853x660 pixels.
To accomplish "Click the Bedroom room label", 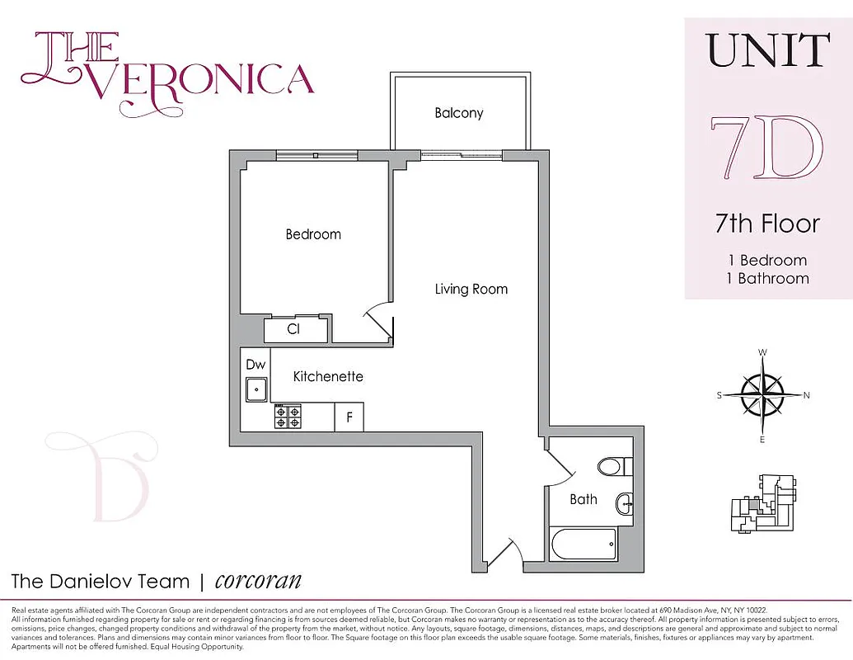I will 313,234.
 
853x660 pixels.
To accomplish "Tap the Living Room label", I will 471,289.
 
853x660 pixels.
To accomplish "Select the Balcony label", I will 459,113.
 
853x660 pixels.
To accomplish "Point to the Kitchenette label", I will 328,376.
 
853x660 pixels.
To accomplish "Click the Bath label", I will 584,499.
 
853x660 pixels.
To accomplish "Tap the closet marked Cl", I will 293,329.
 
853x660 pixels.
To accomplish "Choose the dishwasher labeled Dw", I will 255,363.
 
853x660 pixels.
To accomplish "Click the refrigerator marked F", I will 349,417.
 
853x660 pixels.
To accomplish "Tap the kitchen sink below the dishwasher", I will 257,389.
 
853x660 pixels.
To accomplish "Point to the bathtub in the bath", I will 584,544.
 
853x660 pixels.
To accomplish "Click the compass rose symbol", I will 762,395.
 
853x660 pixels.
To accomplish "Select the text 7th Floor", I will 767,224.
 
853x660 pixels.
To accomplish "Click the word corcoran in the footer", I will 258,580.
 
